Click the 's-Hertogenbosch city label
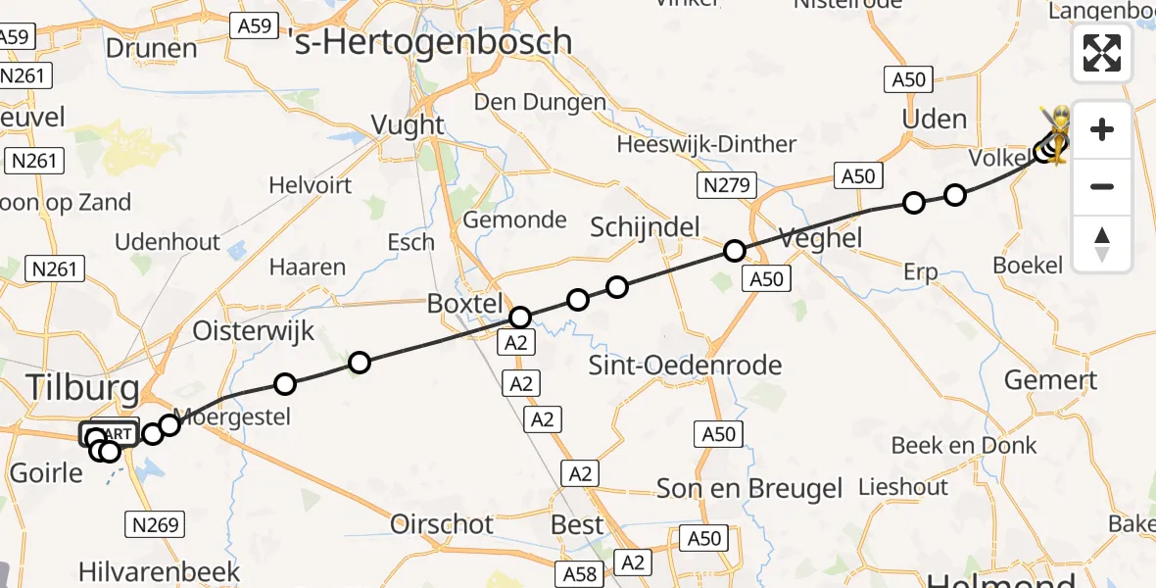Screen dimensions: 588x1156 (431, 41)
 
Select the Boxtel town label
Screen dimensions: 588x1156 (464, 304)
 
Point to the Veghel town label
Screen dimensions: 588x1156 (820, 236)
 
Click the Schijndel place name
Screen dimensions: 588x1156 (645, 227)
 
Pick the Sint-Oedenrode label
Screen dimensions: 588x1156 (685, 366)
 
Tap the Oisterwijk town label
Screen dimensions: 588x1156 (254, 330)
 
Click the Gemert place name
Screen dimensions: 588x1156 (1051, 380)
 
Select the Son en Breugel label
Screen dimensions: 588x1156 (749, 488)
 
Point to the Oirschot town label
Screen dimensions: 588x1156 (442, 524)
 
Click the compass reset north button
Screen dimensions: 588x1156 (1102, 244)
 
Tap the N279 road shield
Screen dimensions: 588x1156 (727, 183)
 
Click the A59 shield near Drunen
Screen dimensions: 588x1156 (254, 25)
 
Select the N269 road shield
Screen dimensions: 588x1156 (156, 525)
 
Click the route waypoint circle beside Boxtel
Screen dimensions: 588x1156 (520, 317)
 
